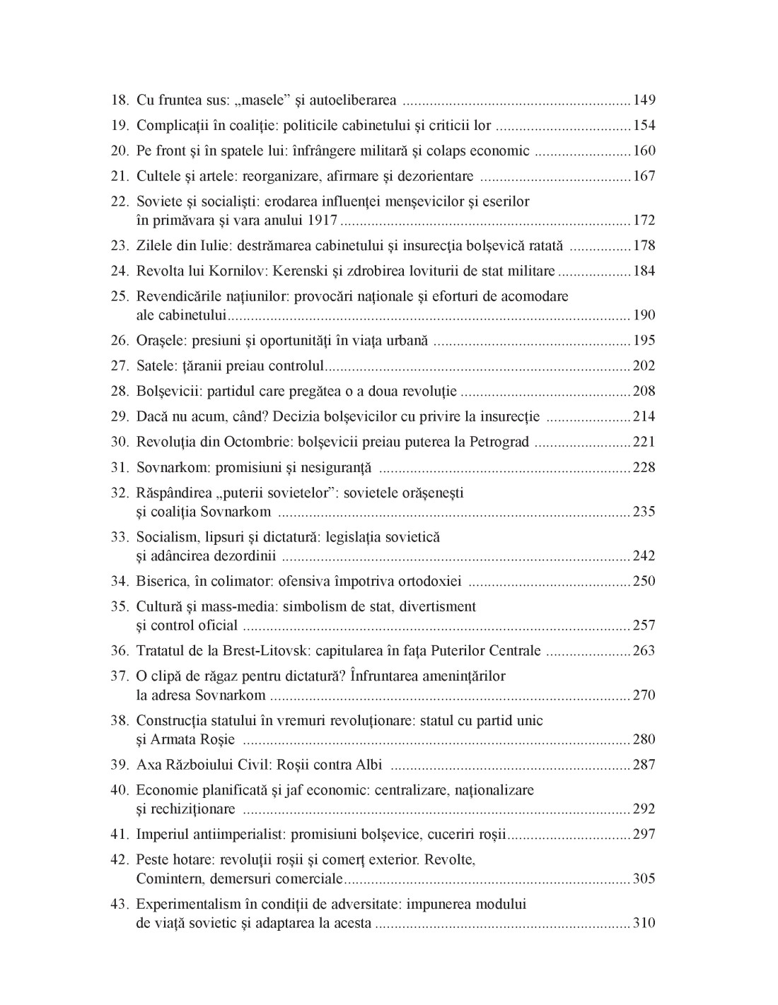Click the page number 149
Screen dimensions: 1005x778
[644, 100]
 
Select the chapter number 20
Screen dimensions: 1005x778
[119, 151]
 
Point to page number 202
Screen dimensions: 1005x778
[644, 366]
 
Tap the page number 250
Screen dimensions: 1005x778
[644, 582]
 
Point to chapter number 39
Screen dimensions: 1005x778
[119, 765]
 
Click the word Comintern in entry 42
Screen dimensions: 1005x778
[167, 879]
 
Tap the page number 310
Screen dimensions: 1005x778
[644, 923]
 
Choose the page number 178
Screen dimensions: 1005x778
[644, 246]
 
